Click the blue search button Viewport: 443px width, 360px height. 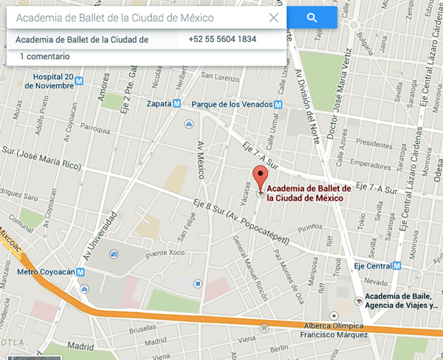[312, 18]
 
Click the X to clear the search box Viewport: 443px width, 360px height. [274, 18]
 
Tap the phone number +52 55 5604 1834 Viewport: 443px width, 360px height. [222, 39]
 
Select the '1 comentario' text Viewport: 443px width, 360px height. [44, 56]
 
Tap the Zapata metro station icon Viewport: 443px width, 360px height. [176, 104]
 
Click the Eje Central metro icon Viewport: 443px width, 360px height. [397, 266]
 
